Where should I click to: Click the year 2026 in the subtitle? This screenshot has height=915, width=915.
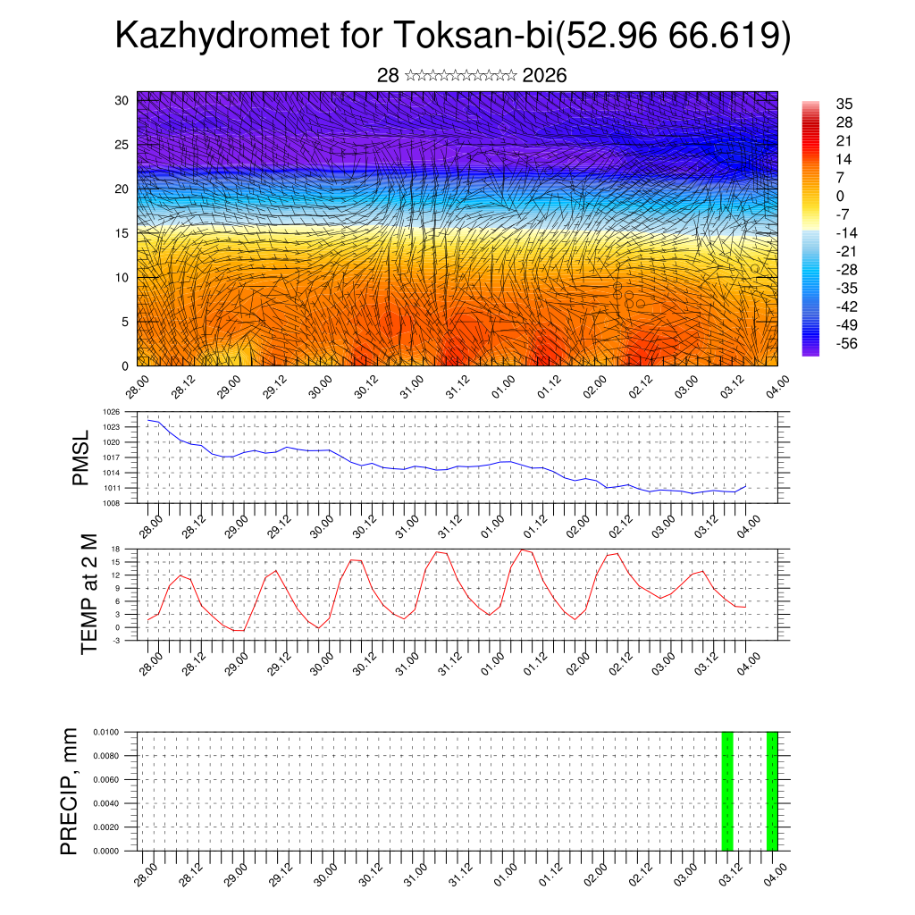pos(544,76)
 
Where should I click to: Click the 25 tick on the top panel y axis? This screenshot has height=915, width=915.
pos(122,145)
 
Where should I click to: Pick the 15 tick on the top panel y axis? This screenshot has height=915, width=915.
pos(122,233)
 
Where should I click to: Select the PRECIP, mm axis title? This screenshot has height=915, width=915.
pos(70,791)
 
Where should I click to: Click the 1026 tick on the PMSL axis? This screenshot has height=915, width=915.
pos(111,412)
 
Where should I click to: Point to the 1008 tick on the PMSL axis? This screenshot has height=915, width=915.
pos(111,503)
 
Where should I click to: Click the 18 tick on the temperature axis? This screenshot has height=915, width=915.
pos(115,549)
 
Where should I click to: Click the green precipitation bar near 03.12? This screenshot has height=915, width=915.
pos(727,791)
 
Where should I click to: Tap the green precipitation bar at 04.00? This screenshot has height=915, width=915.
pos(772,791)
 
